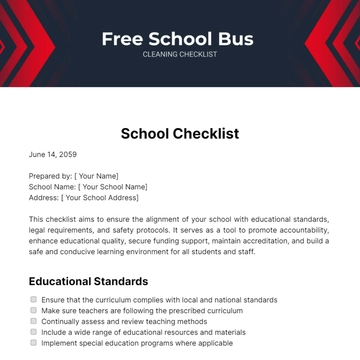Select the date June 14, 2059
[52, 155]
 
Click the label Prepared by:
[50, 176]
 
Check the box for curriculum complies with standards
[33, 300]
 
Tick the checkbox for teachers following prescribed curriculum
[33, 311]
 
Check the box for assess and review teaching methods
[33, 321]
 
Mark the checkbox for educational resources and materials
[33, 332]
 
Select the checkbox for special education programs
[33, 343]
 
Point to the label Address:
[45, 198]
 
